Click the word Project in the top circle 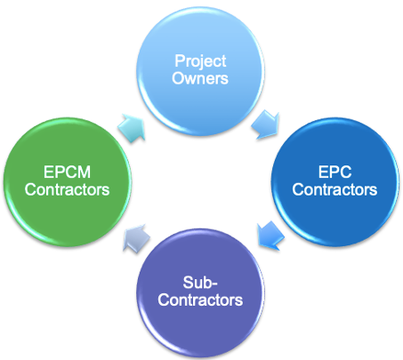[200, 62]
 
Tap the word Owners [200, 78]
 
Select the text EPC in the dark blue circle [334, 172]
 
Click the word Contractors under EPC [334, 189]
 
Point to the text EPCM [67, 172]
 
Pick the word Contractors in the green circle [67, 189]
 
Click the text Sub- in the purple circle [200, 283]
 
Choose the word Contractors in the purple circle [200, 300]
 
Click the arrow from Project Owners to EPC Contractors [266, 124]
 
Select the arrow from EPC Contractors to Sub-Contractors [271, 236]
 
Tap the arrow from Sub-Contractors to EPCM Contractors [136, 238]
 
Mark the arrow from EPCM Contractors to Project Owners [132, 128]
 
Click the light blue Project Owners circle [200, 71]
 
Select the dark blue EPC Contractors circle [335, 182]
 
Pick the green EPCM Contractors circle [68, 182]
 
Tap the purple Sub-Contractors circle [200, 292]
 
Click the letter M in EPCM [85, 172]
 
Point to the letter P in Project [179, 60]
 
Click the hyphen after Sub [214, 284]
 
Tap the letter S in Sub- [188, 283]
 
